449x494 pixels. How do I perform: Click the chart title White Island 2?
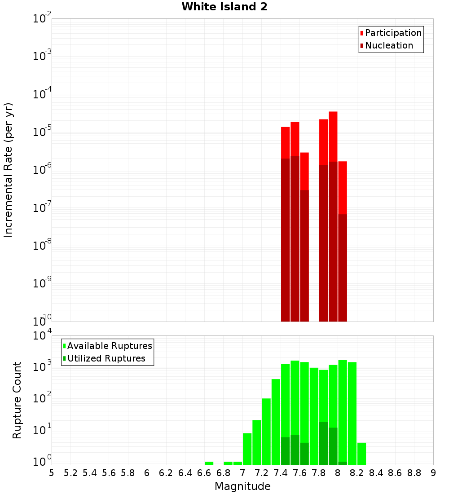pos(224,7)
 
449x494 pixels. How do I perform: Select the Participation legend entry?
pos(393,33)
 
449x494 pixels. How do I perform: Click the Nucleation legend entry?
pos(389,45)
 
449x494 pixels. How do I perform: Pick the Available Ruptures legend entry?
pos(110,346)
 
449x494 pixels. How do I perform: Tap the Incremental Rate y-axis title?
pos(9,170)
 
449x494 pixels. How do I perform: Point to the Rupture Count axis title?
pos(17,400)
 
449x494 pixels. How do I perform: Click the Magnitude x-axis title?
pos(242,486)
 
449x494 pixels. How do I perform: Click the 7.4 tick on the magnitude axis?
pos(281,473)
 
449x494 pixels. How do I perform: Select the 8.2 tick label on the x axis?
pos(357,473)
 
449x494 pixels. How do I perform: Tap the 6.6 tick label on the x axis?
pos(204,473)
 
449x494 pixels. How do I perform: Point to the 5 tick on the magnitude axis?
pos(52,473)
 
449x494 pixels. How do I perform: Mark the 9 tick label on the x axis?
pos(433,473)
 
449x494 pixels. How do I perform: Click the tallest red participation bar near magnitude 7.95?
pos(333,135)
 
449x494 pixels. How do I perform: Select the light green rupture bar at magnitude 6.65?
pos(209,463)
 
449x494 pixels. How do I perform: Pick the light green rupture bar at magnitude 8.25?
pos(361,454)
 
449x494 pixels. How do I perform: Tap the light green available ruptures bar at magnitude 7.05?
pos(247,449)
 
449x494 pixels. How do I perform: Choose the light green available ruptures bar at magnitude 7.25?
pos(266,431)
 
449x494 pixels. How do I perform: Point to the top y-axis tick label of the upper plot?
pos(42,19)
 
